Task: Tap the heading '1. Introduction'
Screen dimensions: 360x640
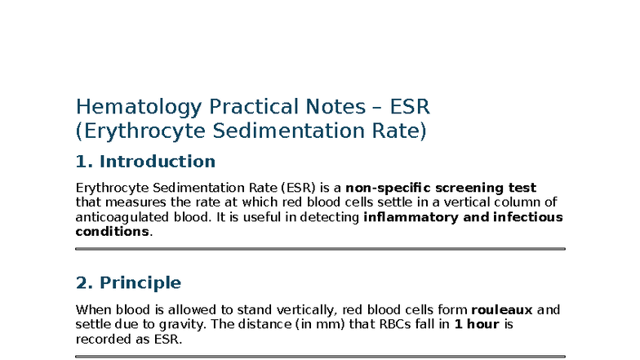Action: [x=145, y=161]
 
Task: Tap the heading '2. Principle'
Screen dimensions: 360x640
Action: [x=128, y=282]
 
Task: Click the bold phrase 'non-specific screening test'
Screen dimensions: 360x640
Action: [x=441, y=188]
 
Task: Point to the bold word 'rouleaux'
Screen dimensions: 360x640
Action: [x=502, y=310]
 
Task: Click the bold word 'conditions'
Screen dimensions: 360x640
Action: [x=113, y=231]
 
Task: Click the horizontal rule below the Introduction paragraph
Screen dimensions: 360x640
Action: [x=320, y=249]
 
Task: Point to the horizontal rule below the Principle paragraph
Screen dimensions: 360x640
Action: [x=320, y=356]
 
